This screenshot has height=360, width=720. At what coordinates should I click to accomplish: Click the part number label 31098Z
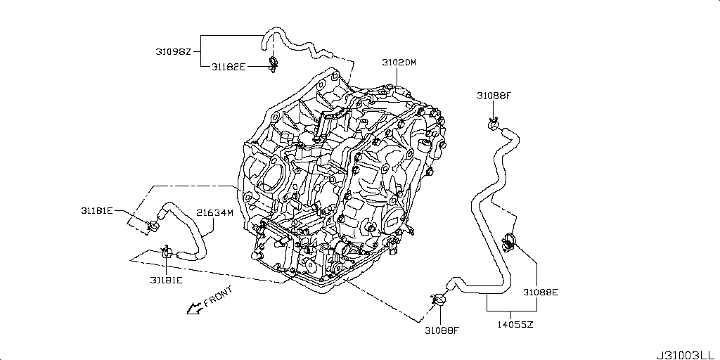pyautogui.click(x=173, y=51)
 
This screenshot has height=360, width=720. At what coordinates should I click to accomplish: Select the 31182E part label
pyautogui.click(x=229, y=67)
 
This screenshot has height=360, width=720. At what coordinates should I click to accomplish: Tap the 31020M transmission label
pyautogui.click(x=399, y=63)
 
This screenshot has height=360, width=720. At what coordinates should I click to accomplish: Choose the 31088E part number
pyautogui.click(x=540, y=290)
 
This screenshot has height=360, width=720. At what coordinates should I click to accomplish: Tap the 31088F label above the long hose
pyautogui.click(x=495, y=96)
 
